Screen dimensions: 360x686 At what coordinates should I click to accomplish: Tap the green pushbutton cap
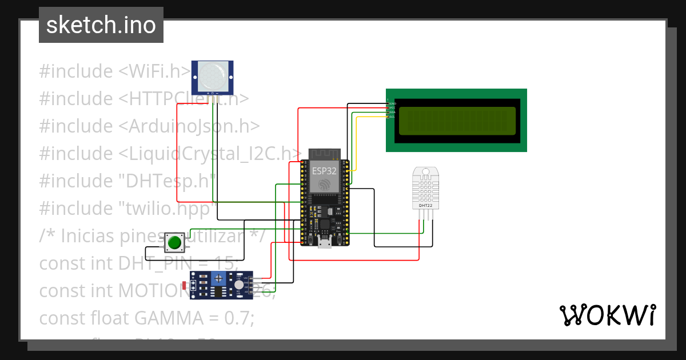pyautogui.click(x=174, y=243)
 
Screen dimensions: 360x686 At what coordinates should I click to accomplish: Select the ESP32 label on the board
pyautogui.click(x=324, y=170)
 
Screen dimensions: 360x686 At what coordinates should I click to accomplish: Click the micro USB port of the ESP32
pyautogui.click(x=325, y=245)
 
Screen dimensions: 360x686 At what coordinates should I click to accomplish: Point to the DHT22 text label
pyautogui.click(x=425, y=205)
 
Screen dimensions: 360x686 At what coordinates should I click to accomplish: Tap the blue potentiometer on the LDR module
pyautogui.click(x=218, y=278)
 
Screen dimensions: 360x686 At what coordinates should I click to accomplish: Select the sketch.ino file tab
pyautogui.click(x=101, y=25)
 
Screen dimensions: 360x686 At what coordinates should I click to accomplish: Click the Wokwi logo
pyautogui.click(x=607, y=315)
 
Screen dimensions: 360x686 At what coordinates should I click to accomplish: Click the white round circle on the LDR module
pyautogui.click(x=238, y=285)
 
